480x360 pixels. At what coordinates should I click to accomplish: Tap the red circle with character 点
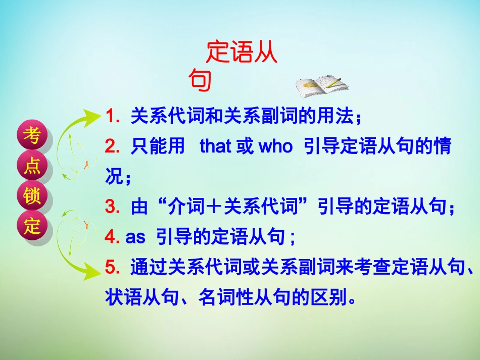click(x=32, y=166)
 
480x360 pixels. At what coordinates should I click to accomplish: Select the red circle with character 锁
click(x=32, y=196)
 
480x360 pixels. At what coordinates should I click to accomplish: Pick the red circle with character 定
click(x=32, y=226)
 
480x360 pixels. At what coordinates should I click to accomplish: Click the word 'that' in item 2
click(x=215, y=147)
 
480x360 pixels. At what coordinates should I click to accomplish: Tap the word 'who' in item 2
click(x=275, y=147)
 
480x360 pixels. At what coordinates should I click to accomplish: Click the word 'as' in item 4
click(x=135, y=237)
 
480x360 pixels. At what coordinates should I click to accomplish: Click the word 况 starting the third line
click(x=114, y=177)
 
